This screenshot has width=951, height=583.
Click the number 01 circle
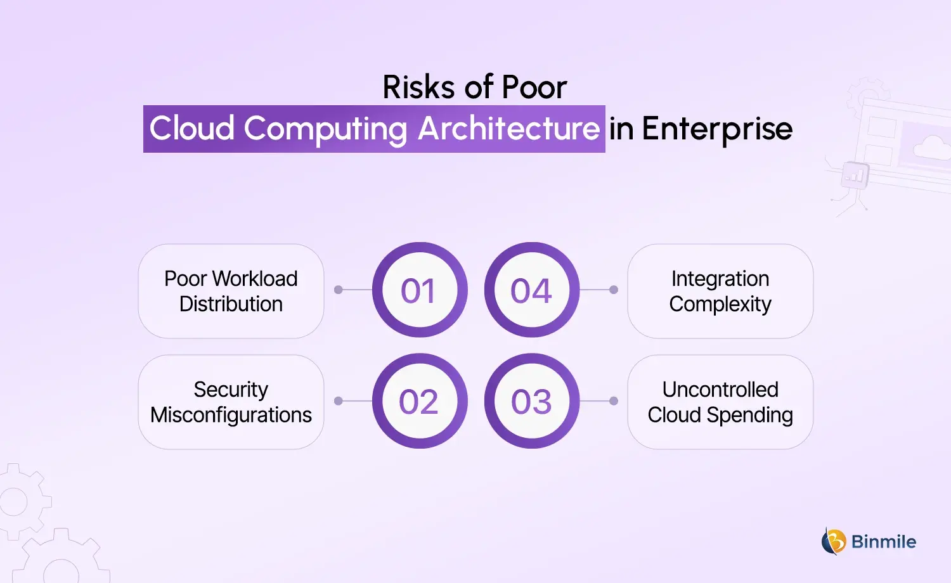420,290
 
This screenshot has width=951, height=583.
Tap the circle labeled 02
420,401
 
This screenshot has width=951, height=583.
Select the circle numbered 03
532,401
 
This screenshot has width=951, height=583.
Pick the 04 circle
532,290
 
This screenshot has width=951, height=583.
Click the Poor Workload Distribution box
231,291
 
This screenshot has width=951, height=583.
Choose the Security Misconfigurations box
231,402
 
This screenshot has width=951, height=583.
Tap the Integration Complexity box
720,291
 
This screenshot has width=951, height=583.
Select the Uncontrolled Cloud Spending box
720,402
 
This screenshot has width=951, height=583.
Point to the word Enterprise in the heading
717,129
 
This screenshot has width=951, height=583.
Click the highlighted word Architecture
508,129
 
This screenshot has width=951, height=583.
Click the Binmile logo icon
834,541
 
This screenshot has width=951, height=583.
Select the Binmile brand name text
883,542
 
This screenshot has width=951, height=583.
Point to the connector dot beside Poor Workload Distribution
339,290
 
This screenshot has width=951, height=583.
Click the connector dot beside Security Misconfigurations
339,400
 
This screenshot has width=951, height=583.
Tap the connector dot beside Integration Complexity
614,290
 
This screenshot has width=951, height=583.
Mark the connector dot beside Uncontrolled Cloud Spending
614,400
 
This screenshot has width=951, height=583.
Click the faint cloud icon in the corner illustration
932,147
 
